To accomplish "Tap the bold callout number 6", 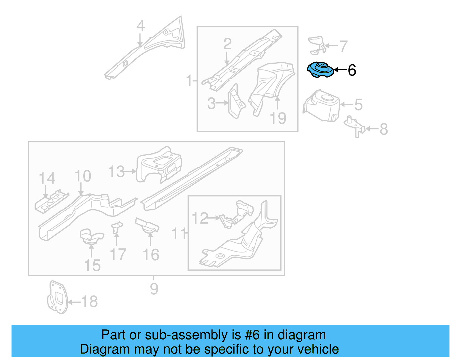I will pyautogui.click(x=352, y=70).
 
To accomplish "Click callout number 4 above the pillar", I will pyautogui.click(x=140, y=26).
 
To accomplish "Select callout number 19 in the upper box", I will pyautogui.click(x=278, y=118).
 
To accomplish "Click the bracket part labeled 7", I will pyautogui.click(x=317, y=45).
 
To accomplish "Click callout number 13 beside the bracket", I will pyautogui.click(x=116, y=171).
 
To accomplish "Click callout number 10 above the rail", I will pyautogui.click(x=83, y=176).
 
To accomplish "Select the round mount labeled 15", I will pyautogui.click(x=91, y=236).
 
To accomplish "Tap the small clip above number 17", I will pyautogui.click(x=117, y=227).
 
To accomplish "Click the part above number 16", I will pyautogui.click(x=147, y=226).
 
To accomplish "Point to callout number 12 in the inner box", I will pyautogui.click(x=200, y=218).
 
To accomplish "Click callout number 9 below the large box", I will pyautogui.click(x=154, y=289).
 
